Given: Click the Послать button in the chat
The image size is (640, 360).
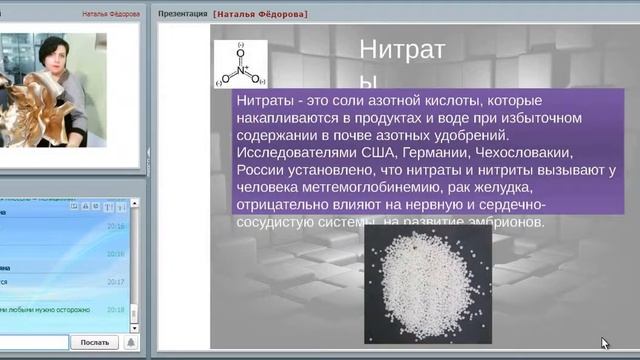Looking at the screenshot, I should coord(95,342).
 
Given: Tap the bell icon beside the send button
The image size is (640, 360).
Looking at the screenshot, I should coord(130,342).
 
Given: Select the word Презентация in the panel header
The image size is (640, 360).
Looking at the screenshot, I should coord(182,15).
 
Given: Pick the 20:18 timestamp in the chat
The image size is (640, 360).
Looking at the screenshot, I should coord(116,310).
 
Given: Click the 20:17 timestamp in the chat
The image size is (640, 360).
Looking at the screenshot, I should coord(116,282).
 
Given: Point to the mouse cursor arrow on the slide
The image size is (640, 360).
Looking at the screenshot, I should coord(605,343).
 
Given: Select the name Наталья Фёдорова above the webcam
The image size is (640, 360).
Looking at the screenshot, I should coord(109,15).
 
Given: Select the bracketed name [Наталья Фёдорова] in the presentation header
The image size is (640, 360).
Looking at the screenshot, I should coord(260,15).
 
